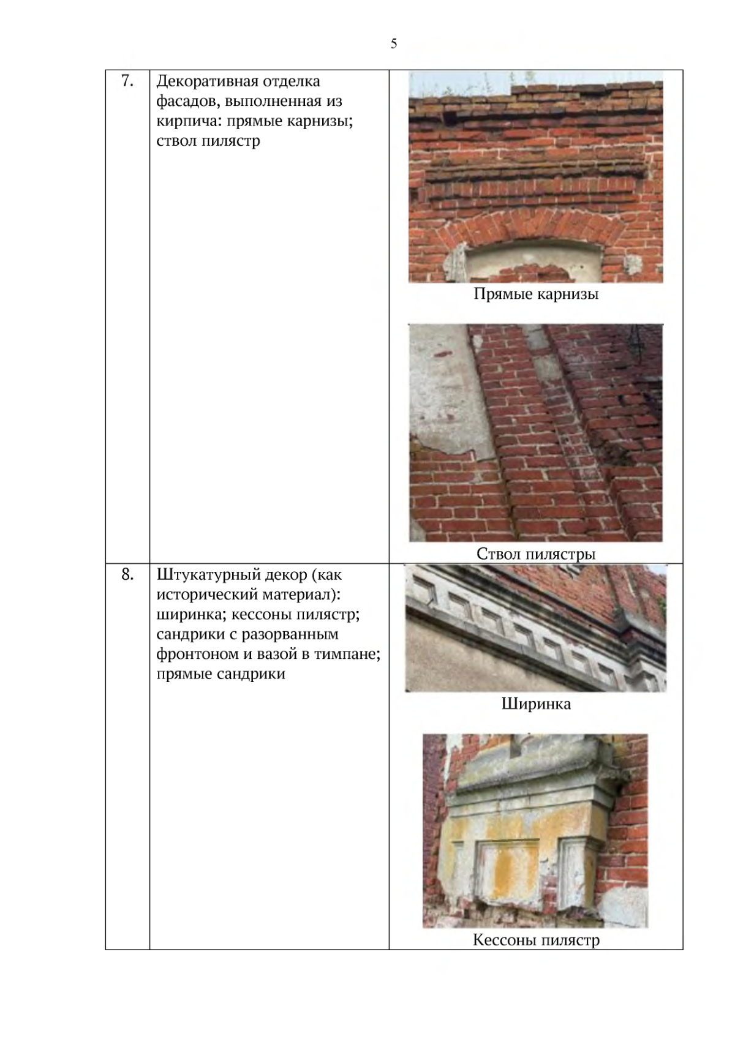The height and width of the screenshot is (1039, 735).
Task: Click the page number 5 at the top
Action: (x=393, y=43)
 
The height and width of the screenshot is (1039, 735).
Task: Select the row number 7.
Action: (x=127, y=81)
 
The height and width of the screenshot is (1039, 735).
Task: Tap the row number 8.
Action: (x=127, y=574)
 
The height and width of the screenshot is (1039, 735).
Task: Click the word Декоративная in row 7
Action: (x=207, y=81)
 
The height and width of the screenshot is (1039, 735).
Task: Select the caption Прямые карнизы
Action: (x=536, y=294)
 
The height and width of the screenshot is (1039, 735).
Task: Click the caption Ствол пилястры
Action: (x=536, y=554)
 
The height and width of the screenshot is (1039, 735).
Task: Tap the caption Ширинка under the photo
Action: (x=536, y=703)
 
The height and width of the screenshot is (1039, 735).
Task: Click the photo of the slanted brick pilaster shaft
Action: (x=536, y=433)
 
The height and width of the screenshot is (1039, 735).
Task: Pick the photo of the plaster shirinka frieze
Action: (x=536, y=629)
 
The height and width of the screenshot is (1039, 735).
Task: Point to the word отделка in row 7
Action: (x=292, y=81)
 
